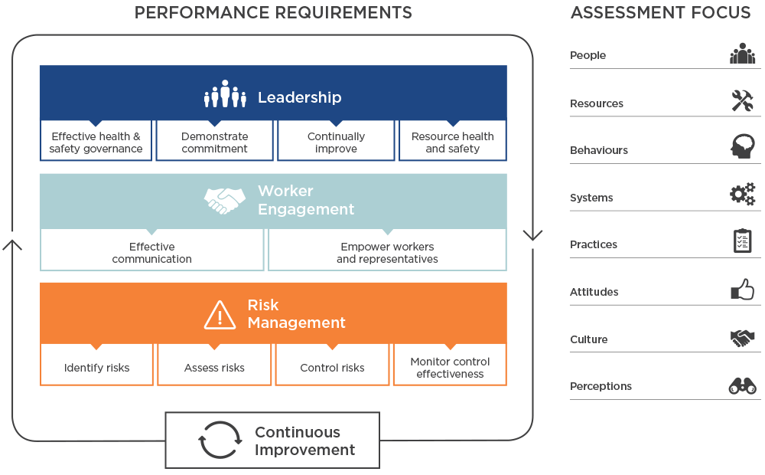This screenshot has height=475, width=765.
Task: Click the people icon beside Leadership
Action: pyautogui.click(x=225, y=95)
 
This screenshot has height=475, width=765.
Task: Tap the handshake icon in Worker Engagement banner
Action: pyautogui.click(x=225, y=200)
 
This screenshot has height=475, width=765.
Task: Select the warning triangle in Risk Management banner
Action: pyautogui.click(x=220, y=314)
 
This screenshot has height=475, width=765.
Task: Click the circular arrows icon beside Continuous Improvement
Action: pyautogui.click(x=219, y=441)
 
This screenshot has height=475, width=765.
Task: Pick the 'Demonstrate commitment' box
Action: pyautogui.click(x=214, y=142)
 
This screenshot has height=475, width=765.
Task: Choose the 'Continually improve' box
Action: pyautogui.click(x=336, y=142)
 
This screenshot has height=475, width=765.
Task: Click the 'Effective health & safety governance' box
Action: pyautogui.click(x=96, y=142)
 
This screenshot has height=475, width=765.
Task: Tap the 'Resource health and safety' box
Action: pyautogui.click(x=452, y=142)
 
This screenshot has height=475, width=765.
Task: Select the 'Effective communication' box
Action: pyautogui.click(x=151, y=253)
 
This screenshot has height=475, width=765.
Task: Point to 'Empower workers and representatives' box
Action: pyautogui.click(x=387, y=253)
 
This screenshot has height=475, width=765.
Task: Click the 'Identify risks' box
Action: pyautogui.click(x=97, y=368)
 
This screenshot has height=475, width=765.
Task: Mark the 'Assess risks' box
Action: pyautogui.click(x=214, y=368)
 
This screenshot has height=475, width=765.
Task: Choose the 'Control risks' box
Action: pyautogui.click(x=332, y=368)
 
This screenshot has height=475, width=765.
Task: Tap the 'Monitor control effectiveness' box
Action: pyautogui.click(x=450, y=368)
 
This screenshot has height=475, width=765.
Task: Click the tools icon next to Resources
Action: pyautogui.click(x=742, y=101)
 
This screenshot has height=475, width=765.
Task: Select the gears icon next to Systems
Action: pyautogui.click(x=742, y=195)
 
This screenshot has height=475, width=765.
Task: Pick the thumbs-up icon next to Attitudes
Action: pyautogui.click(x=742, y=290)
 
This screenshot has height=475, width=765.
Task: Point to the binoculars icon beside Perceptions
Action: pyautogui.click(x=742, y=385)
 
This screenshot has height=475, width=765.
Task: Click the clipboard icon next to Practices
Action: pyautogui.click(x=742, y=242)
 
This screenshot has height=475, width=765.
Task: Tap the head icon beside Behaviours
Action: pyautogui.click(x=742, y=148)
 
